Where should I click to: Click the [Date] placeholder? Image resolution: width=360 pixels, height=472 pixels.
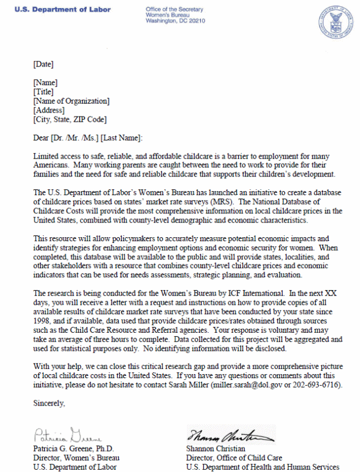44,64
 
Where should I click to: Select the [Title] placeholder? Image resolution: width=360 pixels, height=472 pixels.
44,91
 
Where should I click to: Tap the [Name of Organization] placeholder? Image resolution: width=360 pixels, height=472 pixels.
71,101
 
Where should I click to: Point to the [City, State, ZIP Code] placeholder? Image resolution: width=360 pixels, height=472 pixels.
70,119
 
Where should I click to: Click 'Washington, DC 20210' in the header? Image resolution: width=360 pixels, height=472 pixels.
176,22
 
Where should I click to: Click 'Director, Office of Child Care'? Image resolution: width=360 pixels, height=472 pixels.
234,457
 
